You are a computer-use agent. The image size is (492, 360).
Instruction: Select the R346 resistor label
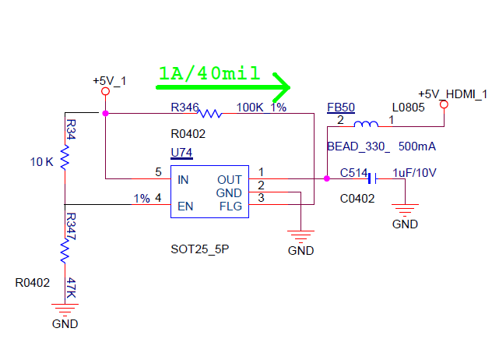point(185,107)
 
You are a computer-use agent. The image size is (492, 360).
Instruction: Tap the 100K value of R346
point(250,107)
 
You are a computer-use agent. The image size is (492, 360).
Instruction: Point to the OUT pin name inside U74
point(230,179)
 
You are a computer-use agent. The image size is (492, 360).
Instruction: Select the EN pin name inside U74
point(185,206)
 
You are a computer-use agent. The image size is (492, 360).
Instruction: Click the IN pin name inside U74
point(184,179)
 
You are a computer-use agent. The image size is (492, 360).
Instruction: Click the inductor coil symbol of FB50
point(366,124)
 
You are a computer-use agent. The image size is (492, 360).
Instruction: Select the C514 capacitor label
point(355,173)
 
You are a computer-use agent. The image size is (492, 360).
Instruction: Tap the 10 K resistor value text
point(41,162)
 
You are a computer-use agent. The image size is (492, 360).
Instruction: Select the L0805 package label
point(408,108)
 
